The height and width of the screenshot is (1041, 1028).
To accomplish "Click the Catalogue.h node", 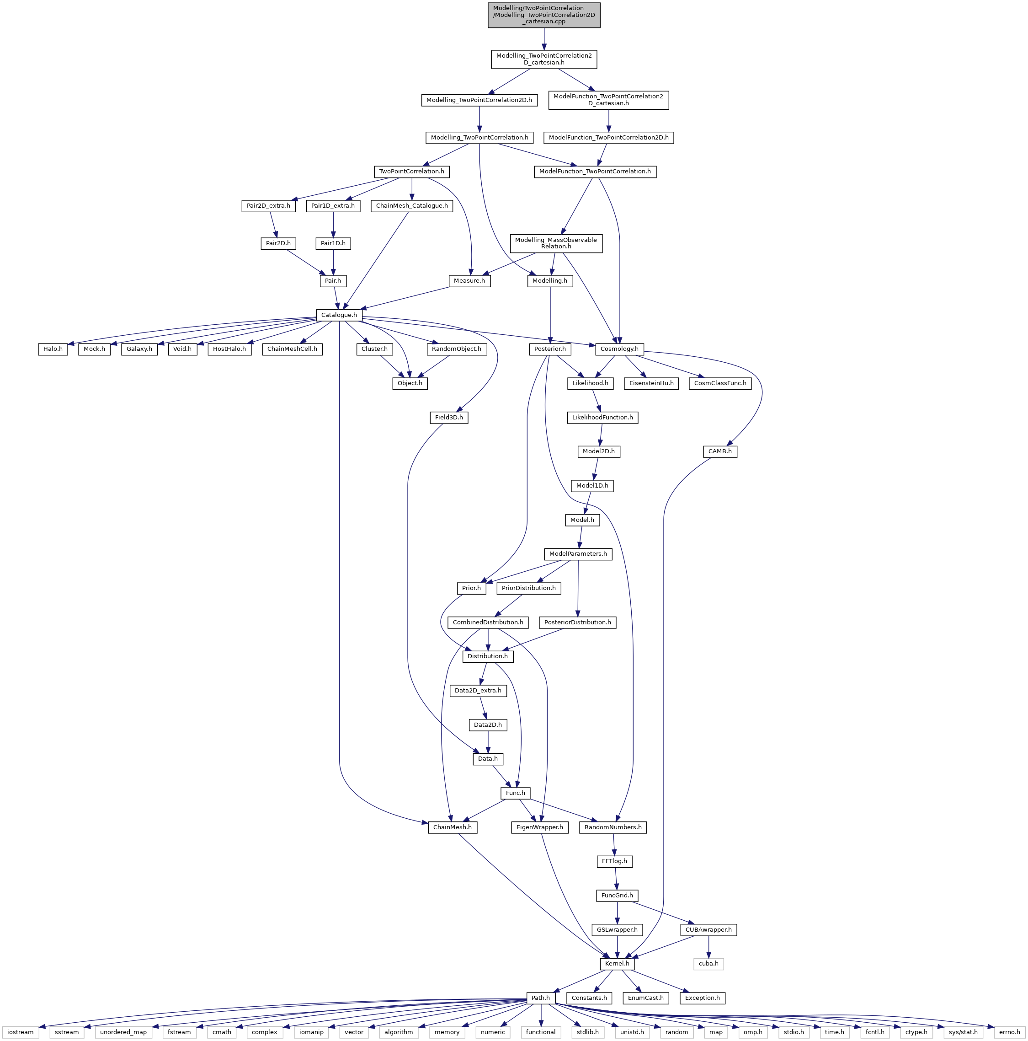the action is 339,315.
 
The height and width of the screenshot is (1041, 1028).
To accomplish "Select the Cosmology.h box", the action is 619,349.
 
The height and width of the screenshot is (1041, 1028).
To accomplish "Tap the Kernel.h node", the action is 617,963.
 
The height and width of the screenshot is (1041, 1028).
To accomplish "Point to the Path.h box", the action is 541,998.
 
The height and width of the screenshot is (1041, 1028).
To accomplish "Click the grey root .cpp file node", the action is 544,15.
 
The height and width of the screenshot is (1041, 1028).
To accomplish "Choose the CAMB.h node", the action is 720,451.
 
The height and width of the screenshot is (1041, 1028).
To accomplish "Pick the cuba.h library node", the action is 708,963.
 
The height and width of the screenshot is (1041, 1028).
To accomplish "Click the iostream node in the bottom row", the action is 21,1032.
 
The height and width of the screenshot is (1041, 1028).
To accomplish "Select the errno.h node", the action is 1009,1032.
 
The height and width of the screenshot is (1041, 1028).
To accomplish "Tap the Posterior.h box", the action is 550,349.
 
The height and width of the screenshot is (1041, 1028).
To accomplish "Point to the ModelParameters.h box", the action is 578,554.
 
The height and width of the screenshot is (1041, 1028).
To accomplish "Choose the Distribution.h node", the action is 488,656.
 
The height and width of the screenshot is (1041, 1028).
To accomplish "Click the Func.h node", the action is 515,793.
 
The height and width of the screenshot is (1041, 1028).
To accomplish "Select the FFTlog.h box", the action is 614,861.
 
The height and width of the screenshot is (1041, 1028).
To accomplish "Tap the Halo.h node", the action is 53,349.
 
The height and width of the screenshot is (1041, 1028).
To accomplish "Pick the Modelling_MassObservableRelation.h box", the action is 556,243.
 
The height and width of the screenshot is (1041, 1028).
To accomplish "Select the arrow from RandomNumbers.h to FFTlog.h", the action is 614,844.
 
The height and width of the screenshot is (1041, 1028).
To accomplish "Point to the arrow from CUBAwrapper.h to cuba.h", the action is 708,947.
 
